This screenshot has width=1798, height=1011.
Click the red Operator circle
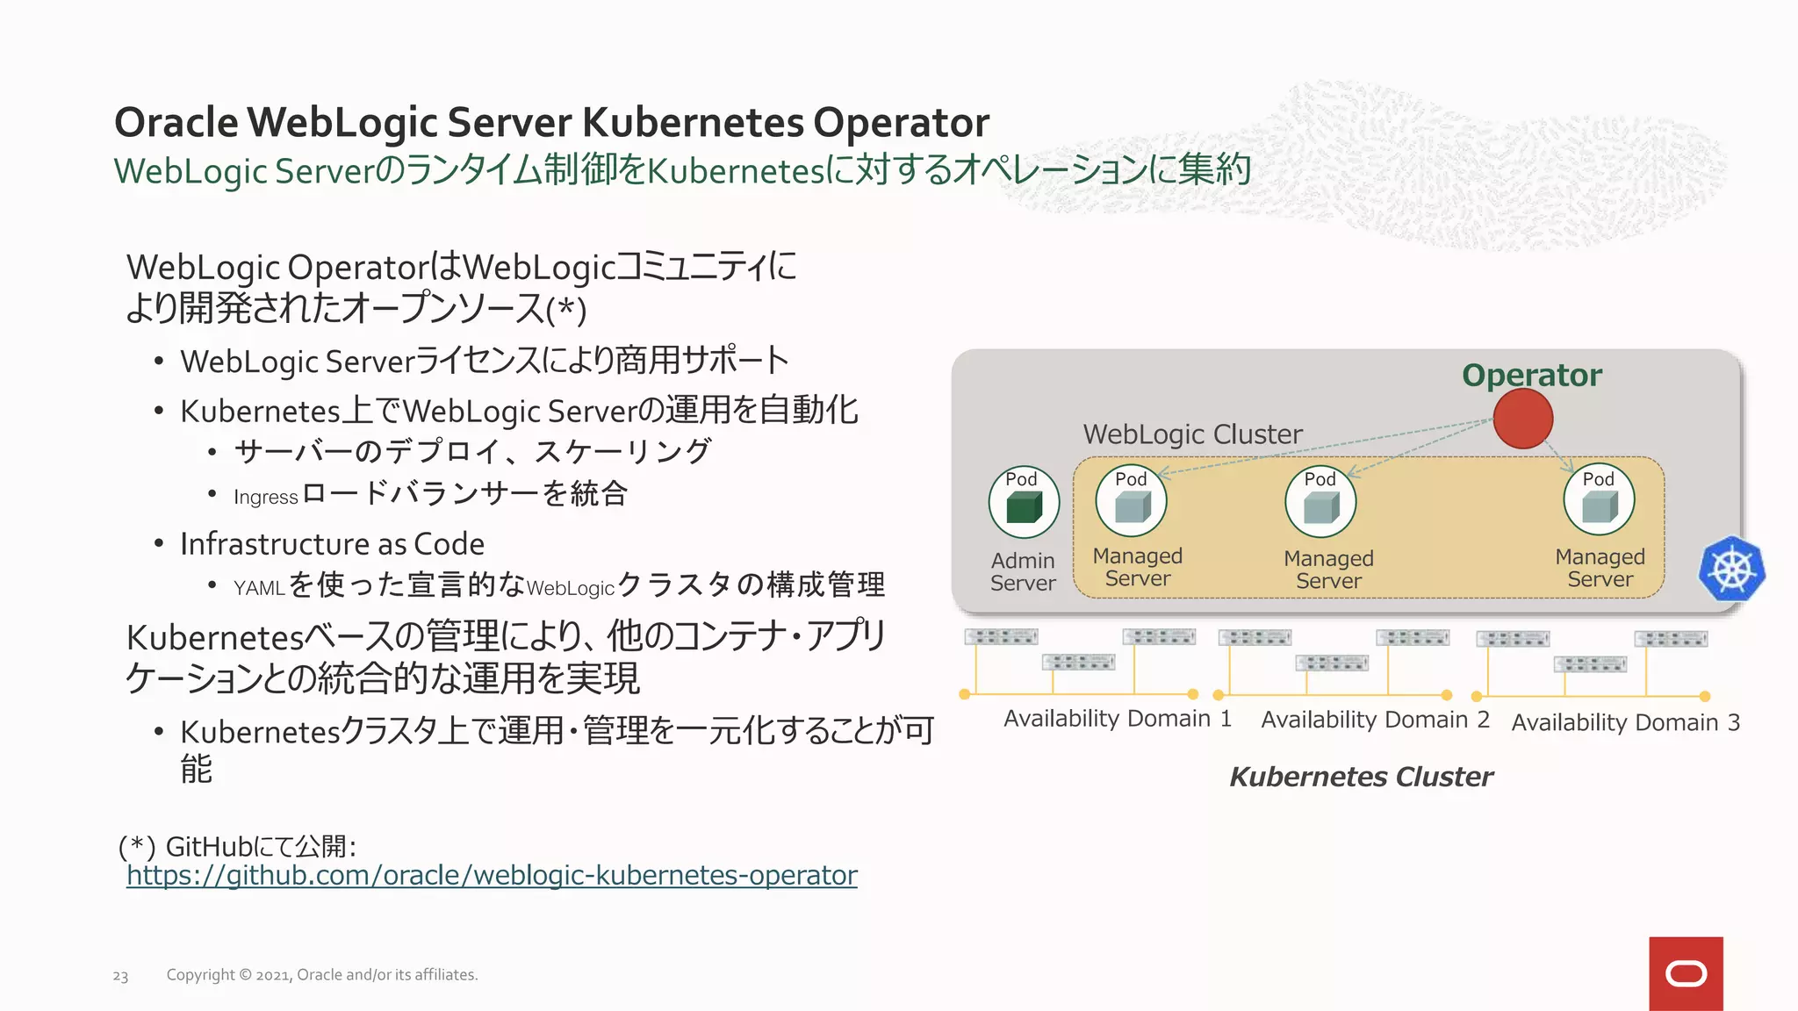[x=1523, y=419]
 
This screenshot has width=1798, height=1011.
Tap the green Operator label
[x=1532, y=376]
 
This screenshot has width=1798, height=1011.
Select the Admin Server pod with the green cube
[x=1024, y=503]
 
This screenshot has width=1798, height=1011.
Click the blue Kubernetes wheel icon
[x=1732, y=569]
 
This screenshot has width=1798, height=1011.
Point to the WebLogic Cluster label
[x=1192, y=434]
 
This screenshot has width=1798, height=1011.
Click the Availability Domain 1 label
[x=1117, y=719]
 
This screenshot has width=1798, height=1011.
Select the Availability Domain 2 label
[x=1375, y=720]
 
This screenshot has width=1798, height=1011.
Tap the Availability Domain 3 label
[x=1625, y=722]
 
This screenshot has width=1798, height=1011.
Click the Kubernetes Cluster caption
[x=1361, y=777]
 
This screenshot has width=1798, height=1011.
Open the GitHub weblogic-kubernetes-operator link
[x=492, y=875]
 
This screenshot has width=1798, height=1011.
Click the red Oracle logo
[x=1686, y=973]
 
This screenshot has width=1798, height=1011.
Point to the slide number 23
[x=120, y=976]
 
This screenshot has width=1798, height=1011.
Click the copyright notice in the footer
[x=322, y=975]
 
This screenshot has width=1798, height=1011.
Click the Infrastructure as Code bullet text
[x=332, y=544]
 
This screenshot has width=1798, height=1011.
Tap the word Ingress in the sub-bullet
[x=265, y=498]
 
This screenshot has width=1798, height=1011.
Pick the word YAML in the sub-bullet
[x=259, y=588]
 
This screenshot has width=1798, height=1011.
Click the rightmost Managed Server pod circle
[x=1599, y=500]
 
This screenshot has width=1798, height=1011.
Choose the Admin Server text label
[x=1023, y=571]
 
